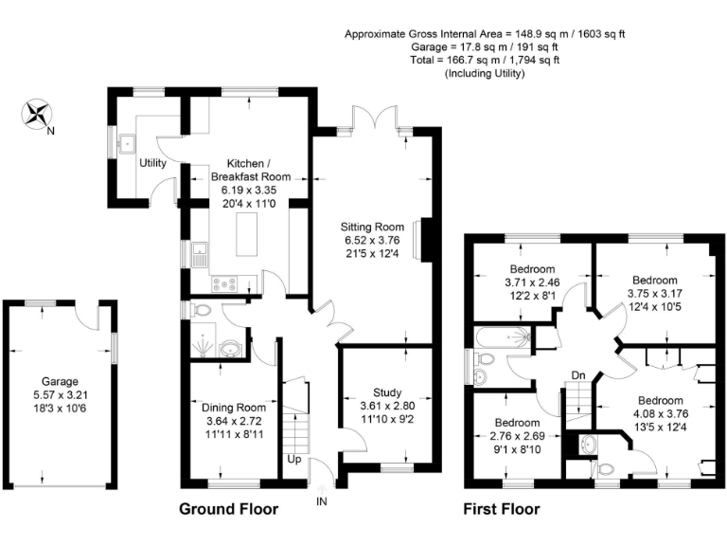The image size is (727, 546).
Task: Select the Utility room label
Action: coord(152,163)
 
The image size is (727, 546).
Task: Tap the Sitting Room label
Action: coord(373,227)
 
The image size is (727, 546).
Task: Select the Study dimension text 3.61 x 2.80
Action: coord(374,405)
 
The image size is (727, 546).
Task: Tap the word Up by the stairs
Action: coord(295,460)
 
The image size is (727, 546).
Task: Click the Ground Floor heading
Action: coord(229,510)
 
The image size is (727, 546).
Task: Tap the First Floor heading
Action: coord(501,510)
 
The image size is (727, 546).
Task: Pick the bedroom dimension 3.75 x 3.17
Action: coord(654,294)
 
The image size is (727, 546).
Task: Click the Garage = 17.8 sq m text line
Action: coord(486,46)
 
